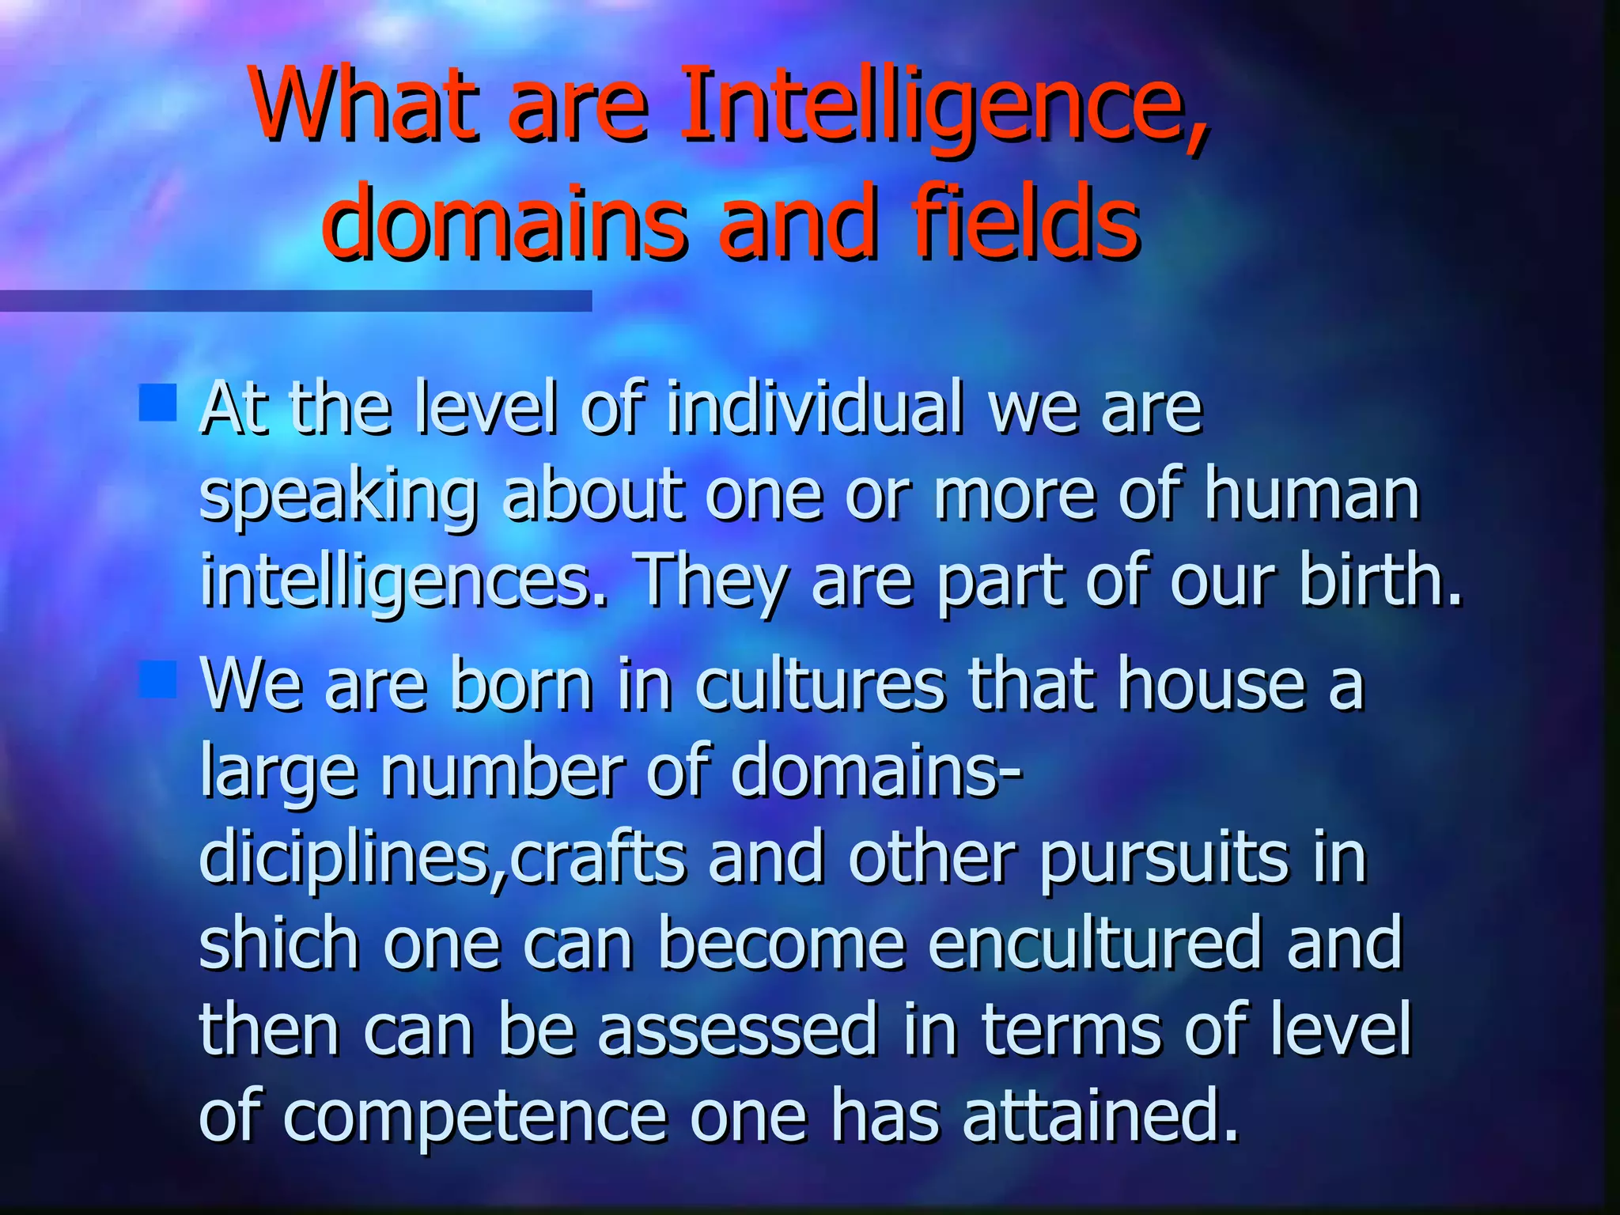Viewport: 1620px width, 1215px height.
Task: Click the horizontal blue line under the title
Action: [296, 301]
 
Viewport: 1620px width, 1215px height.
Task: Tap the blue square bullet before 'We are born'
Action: [157, 679]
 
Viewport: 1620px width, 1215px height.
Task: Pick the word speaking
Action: [339, 496]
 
